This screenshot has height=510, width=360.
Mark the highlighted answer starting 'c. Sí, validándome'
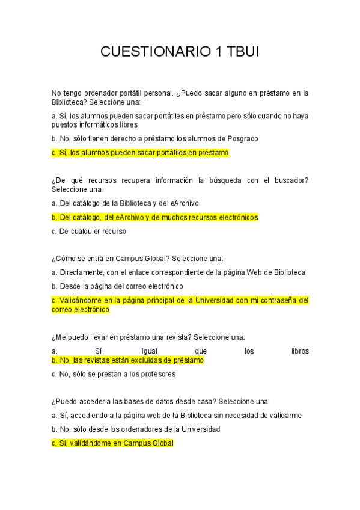tap(112, 443)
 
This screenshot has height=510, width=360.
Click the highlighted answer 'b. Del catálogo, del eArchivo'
tap(154, 217)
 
